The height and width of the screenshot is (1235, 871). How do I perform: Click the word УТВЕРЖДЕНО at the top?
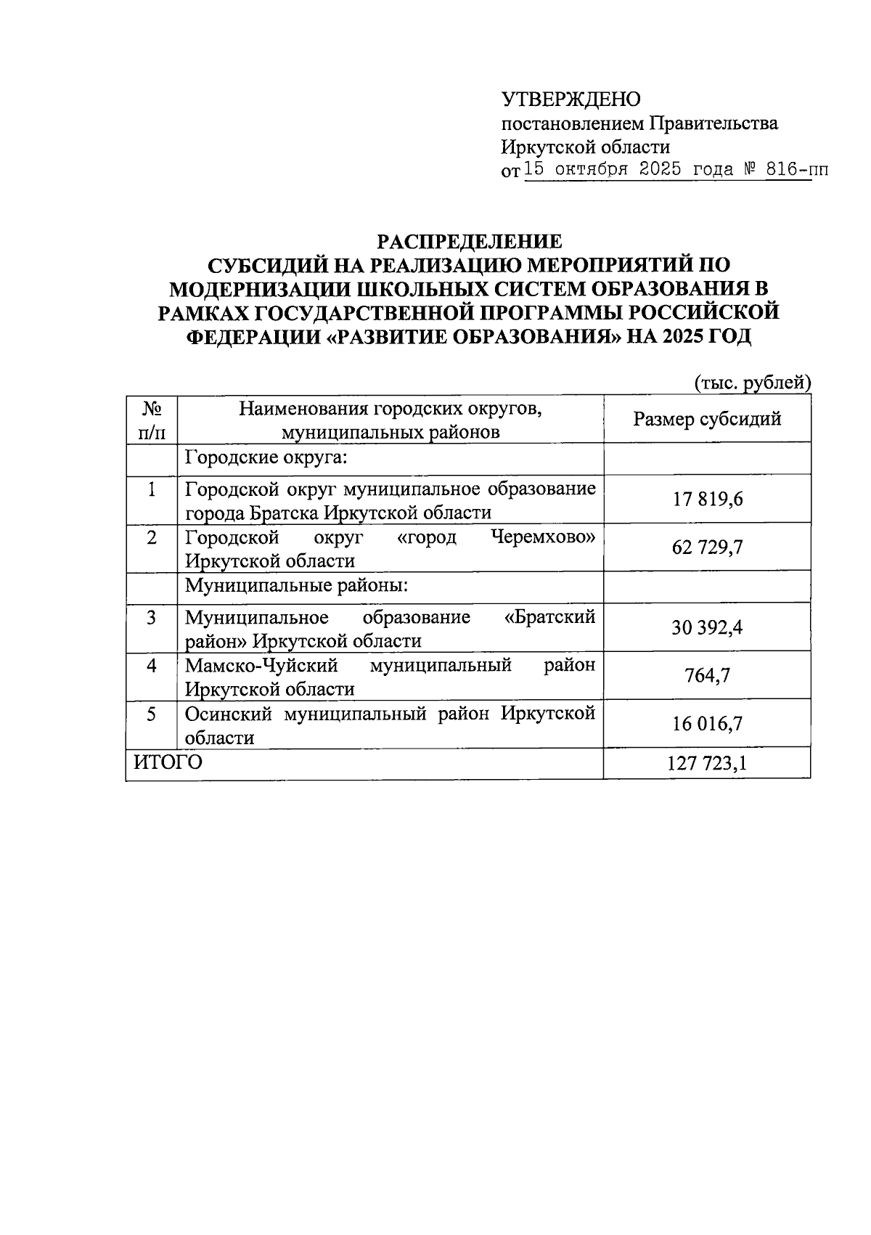(571, 99)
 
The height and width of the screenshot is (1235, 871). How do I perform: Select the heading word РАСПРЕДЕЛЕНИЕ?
(468, 241)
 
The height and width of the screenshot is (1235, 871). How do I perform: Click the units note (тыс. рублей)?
(751, 382)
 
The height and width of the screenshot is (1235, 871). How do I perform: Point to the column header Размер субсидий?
(706, 419)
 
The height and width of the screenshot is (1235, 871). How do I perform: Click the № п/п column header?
(151, 420)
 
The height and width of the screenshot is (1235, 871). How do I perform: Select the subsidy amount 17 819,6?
(707, 500)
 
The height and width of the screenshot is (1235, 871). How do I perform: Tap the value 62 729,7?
(707, 547)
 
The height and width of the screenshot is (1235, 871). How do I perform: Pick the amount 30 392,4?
(707, 627)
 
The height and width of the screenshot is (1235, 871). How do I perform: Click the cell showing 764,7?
(707, 675)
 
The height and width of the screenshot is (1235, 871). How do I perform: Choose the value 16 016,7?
(707, 724)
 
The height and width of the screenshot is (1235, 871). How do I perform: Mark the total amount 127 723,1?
(707, 764)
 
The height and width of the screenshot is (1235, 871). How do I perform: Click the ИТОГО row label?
(167, 762)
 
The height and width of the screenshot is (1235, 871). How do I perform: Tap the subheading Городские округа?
(266, 457)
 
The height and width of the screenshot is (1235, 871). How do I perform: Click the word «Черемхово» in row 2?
(543, 538)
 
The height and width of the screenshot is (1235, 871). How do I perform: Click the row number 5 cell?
(151, 714)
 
